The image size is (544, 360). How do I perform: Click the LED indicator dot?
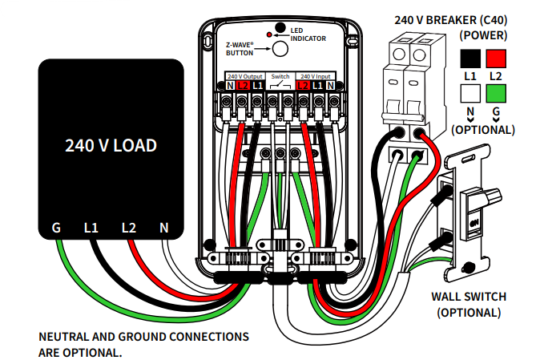tap(280, 29)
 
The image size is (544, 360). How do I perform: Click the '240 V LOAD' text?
tap(111, 147)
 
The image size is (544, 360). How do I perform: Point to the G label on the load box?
tap(57, 228)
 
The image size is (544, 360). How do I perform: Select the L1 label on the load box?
tap(91, 228)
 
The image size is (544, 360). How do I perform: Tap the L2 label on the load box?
tap(129, 228)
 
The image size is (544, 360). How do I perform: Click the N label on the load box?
tap(164, 228)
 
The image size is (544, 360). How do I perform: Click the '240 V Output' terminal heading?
tap(244, 75)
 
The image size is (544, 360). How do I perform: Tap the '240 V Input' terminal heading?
tap(318, 75)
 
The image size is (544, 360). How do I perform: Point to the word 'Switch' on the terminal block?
tap(280, 75)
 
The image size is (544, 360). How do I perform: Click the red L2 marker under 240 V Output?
tap(243, 85)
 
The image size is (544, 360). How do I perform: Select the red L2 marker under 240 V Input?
tap(304, 85)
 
